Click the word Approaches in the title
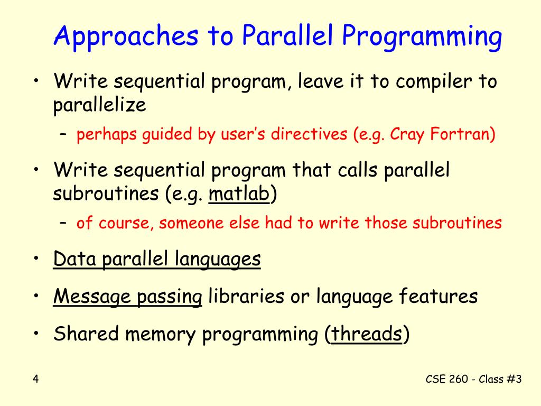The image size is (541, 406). pyautogui.click(x=126, y=37)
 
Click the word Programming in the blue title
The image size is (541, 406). pyautogui.click(x=422, y=37)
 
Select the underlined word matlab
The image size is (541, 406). pyautogui.click(x=239, y=193)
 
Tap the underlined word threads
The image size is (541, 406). pyautogui.click(x=367, y=334)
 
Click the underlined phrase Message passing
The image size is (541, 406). pyautogui.click(x=128, y=297)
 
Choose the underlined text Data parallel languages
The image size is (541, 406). pyautogui.click(x=157, y=259)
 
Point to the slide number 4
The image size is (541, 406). pyautogui.click(x=36, y=379)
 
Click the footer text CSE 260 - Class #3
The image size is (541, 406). pyautogui.click(x=473, y=379)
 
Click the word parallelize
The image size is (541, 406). pyautogui.click(x=100, y=105)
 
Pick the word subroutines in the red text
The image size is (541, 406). pyautogui.click(x=457, y=223)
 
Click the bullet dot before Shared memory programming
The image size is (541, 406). pyautogui.click(x=36, y=334)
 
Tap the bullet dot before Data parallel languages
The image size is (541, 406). pyautogui.click(x=36, y=259)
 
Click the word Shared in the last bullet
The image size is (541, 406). pyautogui.click(x=86, y=334)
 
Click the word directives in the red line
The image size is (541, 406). pyautogui.click(x=309, y=134)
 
